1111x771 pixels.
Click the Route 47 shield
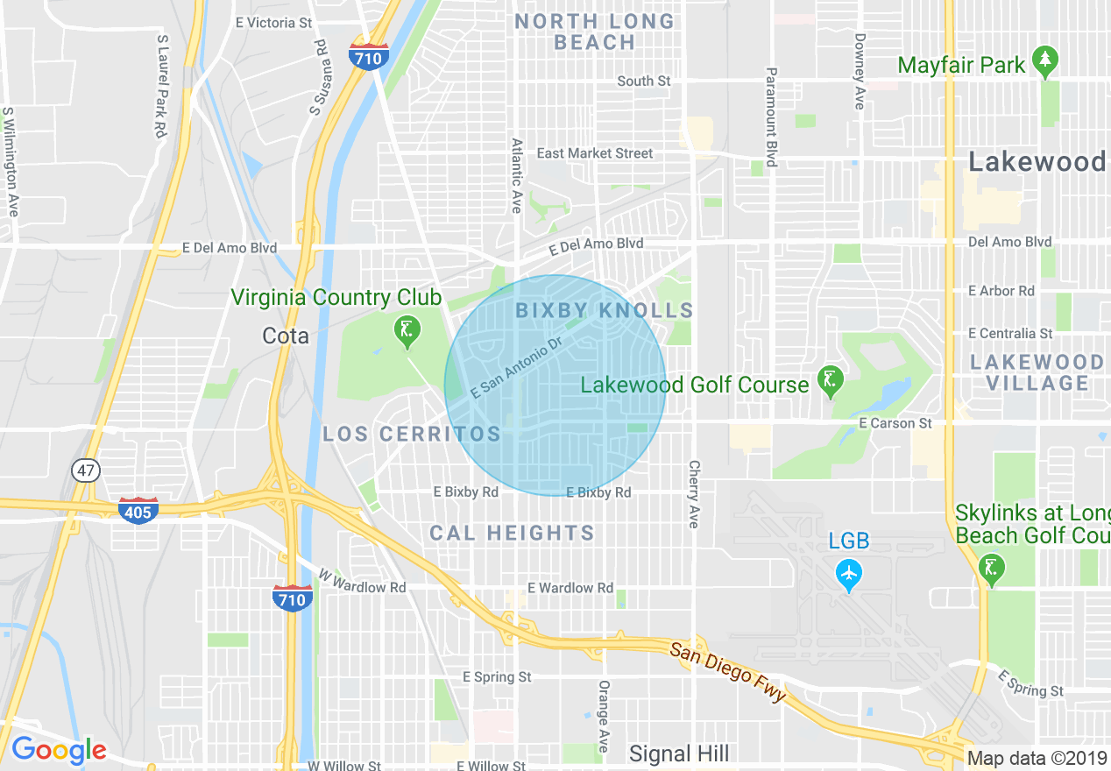point(85,470)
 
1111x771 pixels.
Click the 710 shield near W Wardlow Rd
point(291,598)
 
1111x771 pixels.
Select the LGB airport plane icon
point(848,575)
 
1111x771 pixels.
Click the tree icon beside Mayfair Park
point(1044,62)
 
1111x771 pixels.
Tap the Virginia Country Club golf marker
point(407,332)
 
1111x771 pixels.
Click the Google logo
point(59,750)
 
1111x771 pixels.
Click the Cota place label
point(286,336)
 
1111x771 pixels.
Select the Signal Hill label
point(679,753)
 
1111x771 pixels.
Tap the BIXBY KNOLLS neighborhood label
point(605,310)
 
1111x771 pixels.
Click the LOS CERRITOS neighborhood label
point(412,434)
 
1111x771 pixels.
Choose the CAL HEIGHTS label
point(512,533)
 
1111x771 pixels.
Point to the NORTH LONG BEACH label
point(595,32)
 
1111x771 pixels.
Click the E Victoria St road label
point(273,22)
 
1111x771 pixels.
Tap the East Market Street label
point(595,153)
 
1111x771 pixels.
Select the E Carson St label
point(895,423)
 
